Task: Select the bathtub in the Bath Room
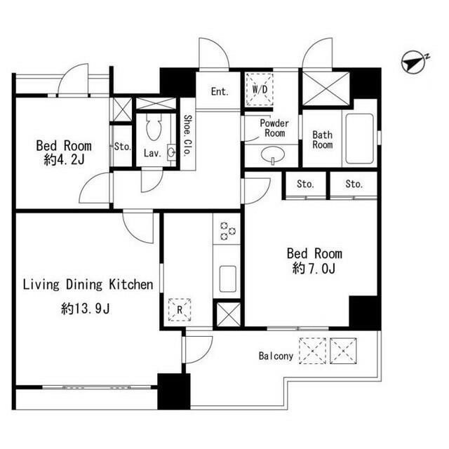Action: click(x=360, y=139)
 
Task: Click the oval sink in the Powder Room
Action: click(x=273, y=155)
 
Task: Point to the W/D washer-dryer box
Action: click(x=260, y=89)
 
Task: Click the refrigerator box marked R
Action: click(x=180, y=309)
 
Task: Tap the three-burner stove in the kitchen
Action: click(x=227, y=231)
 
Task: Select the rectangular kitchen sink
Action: click(x=227, y=279)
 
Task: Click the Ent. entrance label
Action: click(x=220, y=92)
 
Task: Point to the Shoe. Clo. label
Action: click(x=187, y=135)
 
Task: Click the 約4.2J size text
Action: click(x=64, y=160)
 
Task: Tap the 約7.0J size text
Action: click(x=314, y=269)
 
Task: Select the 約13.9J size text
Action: click(x=85, y=309)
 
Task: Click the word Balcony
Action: click(x=276, y=356)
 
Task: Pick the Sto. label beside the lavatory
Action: click(x=123, y=147)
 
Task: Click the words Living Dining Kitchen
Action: click(x=88, y=285)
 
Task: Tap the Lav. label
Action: click(x=152, y=154)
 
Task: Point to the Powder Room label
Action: click(x=274, y=128)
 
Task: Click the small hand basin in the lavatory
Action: click(x=171, y=152)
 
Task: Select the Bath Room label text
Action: click(x=323, y=140)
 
